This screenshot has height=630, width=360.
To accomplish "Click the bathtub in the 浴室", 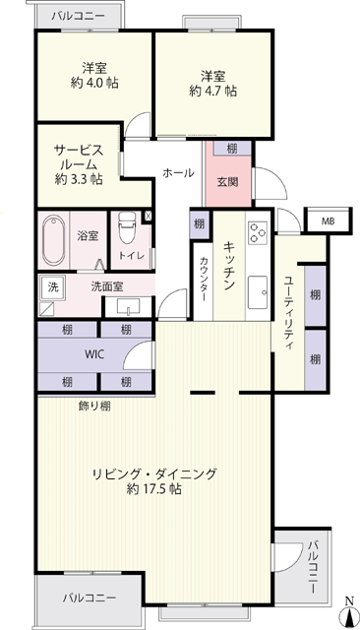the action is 54,240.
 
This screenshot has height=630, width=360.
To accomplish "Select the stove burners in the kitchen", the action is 258,232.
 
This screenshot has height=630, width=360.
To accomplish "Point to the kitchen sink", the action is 258,292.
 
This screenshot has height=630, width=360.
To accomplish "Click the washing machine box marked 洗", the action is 52,286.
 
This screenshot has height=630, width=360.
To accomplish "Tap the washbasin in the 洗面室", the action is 129,307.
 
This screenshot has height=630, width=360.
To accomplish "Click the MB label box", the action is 328,220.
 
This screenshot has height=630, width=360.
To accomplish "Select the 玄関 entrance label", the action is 227,182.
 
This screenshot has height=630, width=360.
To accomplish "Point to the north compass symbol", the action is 349,612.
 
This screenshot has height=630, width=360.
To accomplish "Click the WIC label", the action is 95,354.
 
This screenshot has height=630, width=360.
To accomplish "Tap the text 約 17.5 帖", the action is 154,489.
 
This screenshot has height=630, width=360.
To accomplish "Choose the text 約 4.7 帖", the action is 213,92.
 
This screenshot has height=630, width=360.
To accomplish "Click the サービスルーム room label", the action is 79,157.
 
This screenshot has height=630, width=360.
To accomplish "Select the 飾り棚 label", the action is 94,407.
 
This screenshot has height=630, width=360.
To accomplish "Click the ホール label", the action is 178,173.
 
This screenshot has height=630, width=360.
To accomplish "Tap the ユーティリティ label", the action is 288,313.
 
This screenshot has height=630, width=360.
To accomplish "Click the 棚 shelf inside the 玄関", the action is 232,149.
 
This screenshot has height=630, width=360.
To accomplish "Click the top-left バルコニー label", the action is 79,16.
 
